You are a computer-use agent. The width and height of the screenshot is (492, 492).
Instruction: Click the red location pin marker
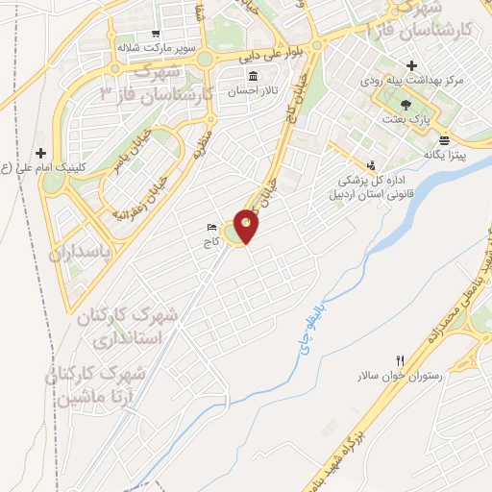click(247, 227)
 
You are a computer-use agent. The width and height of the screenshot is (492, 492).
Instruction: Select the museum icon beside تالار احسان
click(253, 77)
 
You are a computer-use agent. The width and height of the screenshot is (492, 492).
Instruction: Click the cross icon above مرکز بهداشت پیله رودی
click(411, 66)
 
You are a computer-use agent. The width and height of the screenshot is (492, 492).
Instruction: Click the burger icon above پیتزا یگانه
click(442, 140)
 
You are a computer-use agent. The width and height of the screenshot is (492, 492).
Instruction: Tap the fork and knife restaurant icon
click(400, 360)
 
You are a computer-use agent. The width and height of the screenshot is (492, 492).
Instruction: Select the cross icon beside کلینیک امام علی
click(40, 153)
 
